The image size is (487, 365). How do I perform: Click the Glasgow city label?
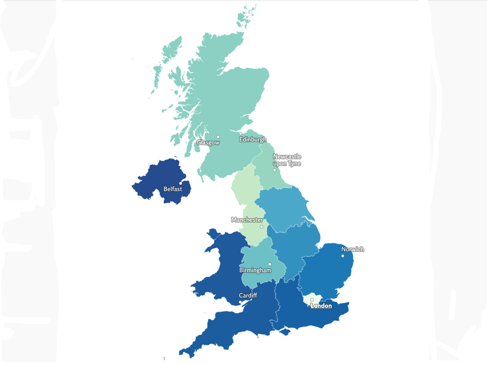tap(208, 143)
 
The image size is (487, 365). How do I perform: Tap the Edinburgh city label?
tap(252, 139)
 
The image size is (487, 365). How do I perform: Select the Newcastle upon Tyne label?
tap(287, 160)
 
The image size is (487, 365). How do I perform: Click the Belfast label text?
tap(173, 189)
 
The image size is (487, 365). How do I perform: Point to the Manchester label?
tap(247, 220)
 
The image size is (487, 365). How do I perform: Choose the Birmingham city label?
tap(255, 271)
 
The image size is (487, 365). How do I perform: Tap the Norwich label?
tap(352, 249)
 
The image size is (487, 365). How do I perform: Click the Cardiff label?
tap(248, 295)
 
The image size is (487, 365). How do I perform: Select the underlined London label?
tap(321, 306)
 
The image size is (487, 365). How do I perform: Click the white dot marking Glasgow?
tap(218, 137)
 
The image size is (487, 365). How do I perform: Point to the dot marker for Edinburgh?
tap(240, 133)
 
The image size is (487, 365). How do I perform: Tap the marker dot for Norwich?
tap(342, 256)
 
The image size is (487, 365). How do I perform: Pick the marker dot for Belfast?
tap(180, 183)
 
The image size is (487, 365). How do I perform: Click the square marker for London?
tap(312, 300)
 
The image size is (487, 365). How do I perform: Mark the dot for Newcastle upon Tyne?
tap(274, 170)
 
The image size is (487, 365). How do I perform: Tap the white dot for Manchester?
tap(261, 227)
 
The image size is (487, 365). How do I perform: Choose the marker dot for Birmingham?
tap(269, 264)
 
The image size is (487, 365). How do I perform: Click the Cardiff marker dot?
tap(240, 302)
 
